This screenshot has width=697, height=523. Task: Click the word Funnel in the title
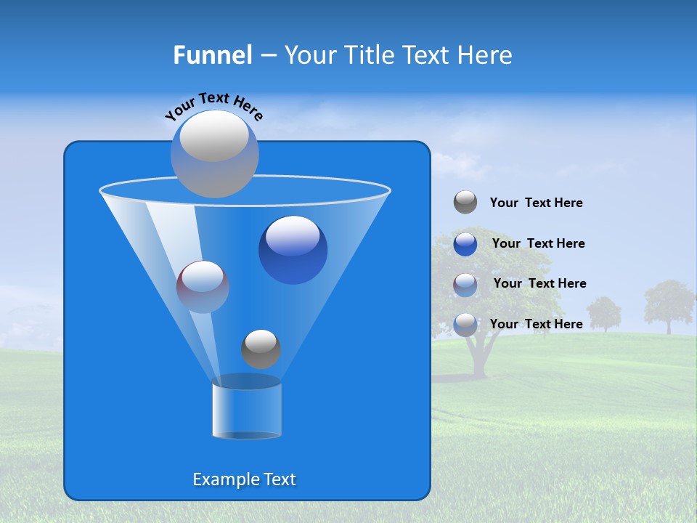(x=212, y=55)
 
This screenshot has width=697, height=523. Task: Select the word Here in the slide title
(x=486, y=55)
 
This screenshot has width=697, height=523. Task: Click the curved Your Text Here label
(x=214, y=105)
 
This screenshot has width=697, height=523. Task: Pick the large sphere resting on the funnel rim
(x=214, y=154)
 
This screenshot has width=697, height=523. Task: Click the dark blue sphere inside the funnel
(x=293, y=250)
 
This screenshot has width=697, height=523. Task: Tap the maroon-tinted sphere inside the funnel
(x=203, y=286)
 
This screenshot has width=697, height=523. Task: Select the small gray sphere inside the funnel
(x=261, y=349)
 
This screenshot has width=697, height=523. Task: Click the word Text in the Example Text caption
(x=278, y=479)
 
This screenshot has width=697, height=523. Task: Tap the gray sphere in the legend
(x=465, y=203)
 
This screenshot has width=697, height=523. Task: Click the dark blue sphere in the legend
(x=465, y=243)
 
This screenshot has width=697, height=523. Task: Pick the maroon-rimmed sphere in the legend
(x=465, y=284)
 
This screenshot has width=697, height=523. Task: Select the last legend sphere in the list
(x=465, y=324)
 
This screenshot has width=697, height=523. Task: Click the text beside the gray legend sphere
(x=536, y=203)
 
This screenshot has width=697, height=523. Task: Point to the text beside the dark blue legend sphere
(x=538, y=243)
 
